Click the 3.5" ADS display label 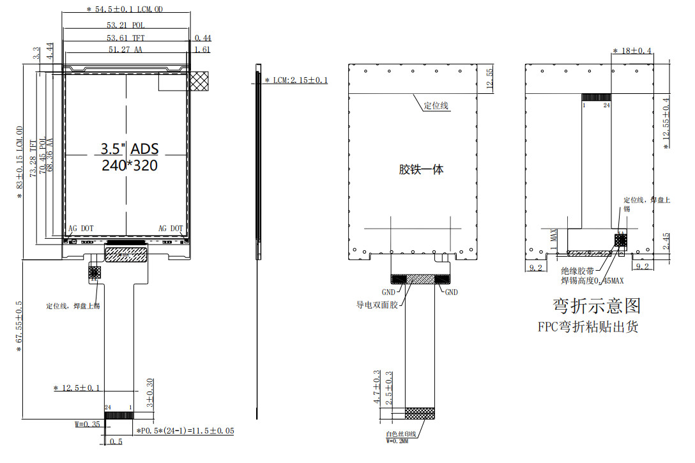[x=129, y=149]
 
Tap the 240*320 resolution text [x=129, y=165]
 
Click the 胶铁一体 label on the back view [x=421, y=169]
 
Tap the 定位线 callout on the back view [x=437, y=106]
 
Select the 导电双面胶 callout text [x=377, y=305]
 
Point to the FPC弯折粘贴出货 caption [x=588, y=327]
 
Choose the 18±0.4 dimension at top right [x=632, y=50]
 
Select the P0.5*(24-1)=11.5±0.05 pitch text [x=185, y=431]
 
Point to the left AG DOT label [x=81, y=228]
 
